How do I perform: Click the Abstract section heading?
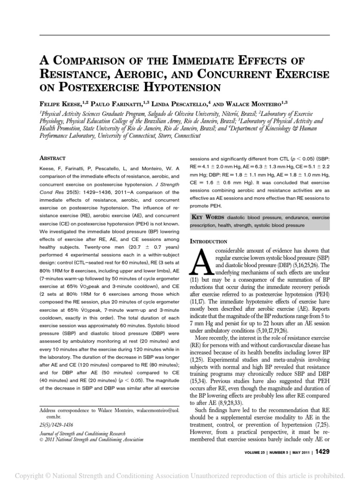[52, 158]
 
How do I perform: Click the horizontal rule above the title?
[180, 36]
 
